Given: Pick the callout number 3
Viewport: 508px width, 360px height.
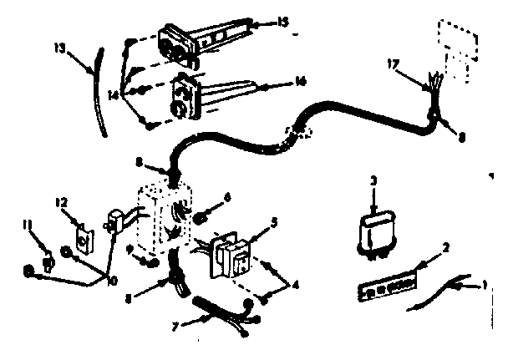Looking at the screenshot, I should click(374, 180).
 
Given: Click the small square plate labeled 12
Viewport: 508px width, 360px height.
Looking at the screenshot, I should click(83, 241).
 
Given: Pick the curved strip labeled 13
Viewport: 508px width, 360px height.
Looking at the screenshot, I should click(99, 92).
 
